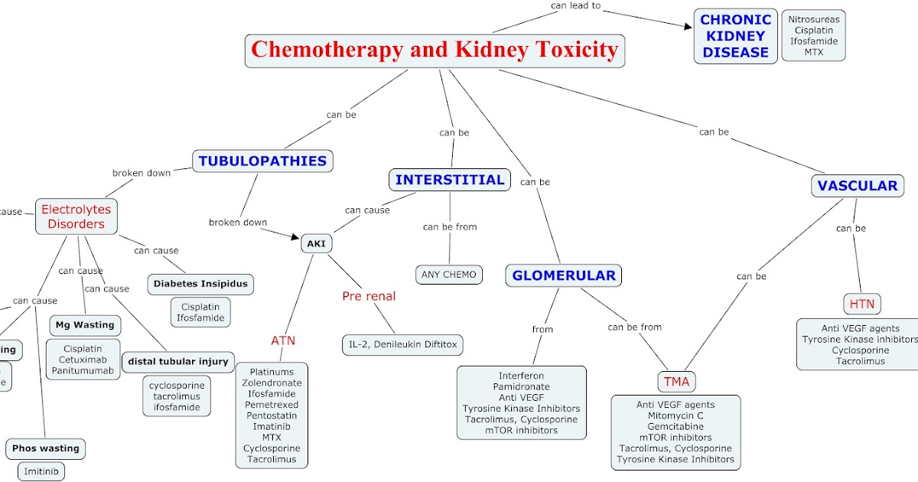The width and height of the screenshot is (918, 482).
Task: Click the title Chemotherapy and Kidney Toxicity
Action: tap(435, 50)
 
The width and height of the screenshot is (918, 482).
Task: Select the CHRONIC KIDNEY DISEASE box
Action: tap(735, 36)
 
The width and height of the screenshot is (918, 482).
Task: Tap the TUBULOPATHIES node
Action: tap(262, 161)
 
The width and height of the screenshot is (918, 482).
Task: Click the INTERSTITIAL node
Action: tap(449, 180)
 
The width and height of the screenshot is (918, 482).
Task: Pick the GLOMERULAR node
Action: tap(563, 275)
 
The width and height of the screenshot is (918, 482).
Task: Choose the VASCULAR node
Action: tap(857, 185)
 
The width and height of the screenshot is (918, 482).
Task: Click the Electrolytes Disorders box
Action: tap(76, 217)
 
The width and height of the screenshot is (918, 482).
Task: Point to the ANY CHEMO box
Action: tap(448, 274)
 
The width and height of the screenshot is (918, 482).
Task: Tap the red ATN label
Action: tap(283, 340)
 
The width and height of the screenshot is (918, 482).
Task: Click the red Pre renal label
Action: tap(369, 296)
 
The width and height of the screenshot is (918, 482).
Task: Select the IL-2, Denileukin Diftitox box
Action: tap(402, 344)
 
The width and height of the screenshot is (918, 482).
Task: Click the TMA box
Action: tap(676, 381)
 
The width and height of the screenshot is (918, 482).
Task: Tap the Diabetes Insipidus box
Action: tap(200, 283)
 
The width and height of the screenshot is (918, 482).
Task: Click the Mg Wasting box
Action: tap(84, 324)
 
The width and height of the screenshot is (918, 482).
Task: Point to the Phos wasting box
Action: tap(45, 448)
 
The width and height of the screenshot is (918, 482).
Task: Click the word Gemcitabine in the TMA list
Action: tap(675, 426)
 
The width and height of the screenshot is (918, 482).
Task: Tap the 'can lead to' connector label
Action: tap(575, 6)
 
